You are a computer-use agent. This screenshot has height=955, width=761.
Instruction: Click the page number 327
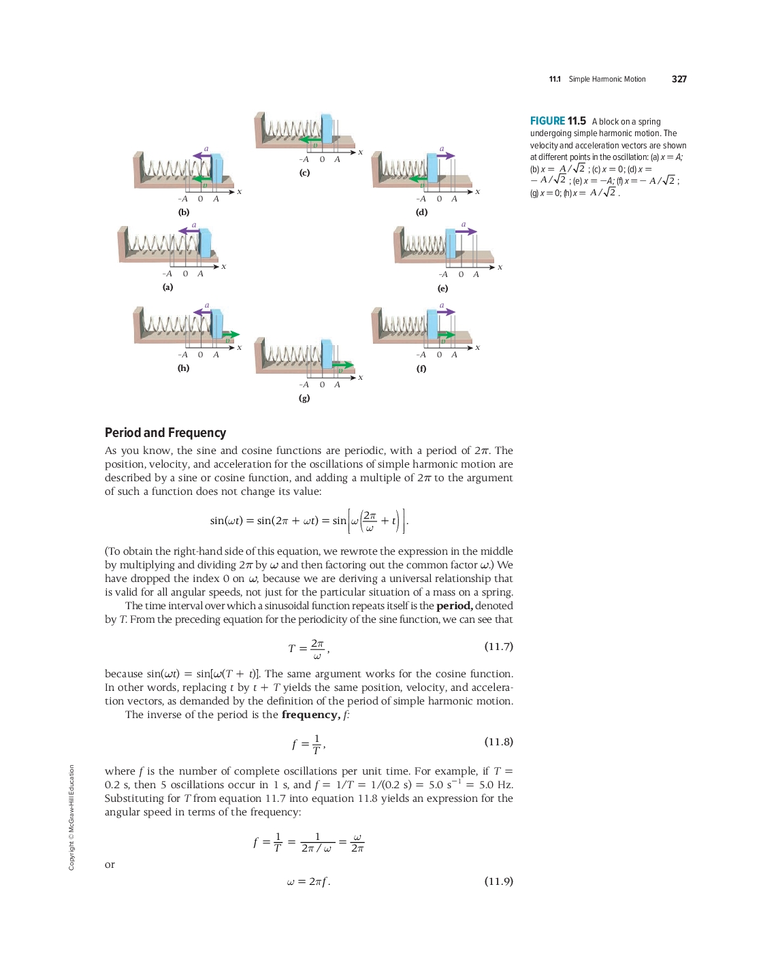click(679, 79)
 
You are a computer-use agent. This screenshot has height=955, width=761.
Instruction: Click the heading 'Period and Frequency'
click(165, 433)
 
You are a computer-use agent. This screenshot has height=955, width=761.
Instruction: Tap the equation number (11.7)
click(498, 646)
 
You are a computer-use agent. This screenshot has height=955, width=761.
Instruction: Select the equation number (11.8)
click(498, 741)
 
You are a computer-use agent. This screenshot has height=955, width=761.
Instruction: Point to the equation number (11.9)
click(498, 881)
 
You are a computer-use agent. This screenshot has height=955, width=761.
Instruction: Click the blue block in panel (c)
click(327, 129)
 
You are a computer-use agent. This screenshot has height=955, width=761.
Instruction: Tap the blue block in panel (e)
click(450, 243)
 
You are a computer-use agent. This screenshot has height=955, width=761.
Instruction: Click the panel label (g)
click(304, 398)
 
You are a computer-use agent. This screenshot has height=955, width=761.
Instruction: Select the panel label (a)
click(167, 287)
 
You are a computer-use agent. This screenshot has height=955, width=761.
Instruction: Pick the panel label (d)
click(422, 212)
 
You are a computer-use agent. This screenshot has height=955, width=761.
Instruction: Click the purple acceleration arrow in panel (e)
click(466, 231)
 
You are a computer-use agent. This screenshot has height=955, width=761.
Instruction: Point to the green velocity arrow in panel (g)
click(343, 366)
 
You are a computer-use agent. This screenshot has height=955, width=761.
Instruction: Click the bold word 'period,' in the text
click(454, 606)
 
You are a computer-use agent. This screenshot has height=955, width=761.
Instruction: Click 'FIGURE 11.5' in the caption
click(557, 121)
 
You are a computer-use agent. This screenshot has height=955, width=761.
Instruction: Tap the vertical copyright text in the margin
click(71, 817)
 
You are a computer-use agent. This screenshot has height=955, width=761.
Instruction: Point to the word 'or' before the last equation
click(110, 864)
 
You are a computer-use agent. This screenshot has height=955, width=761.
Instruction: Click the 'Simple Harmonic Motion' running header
click(607, 80)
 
